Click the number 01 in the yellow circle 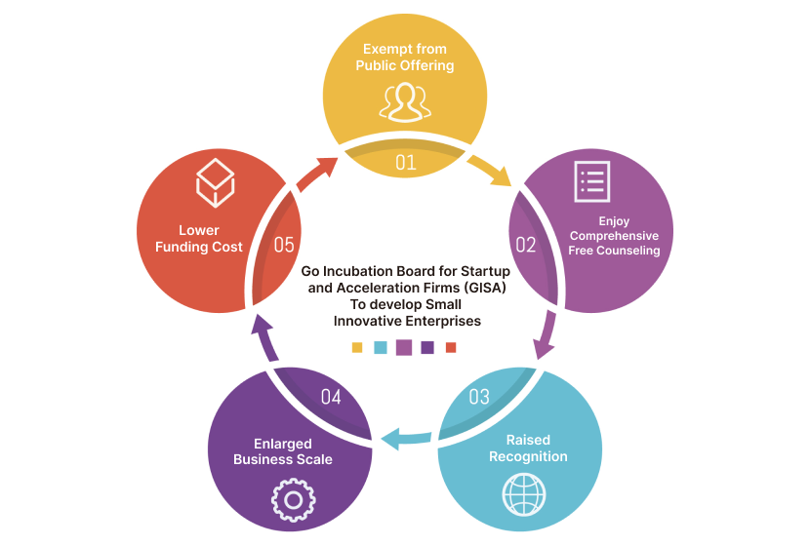click(405, 162)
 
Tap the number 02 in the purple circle click(525, 244)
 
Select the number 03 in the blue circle click(479, 397)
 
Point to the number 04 click(331, 397)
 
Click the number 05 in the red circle click(284, 244)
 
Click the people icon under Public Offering click(405, 100)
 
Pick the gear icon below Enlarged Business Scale click(291, 499)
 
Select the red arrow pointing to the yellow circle click(317, 174)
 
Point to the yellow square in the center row click(357, 347)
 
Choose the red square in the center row click(451, 347)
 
